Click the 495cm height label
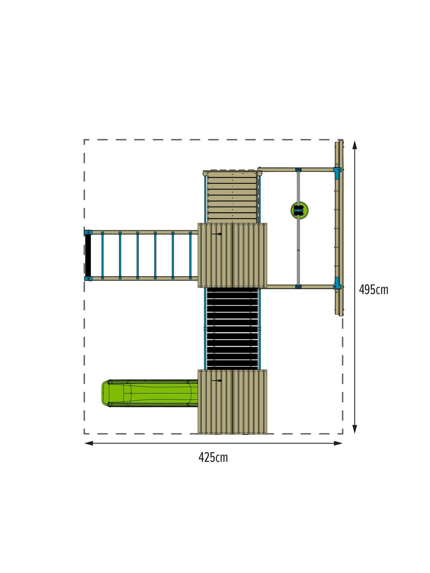click(x=373, y=290)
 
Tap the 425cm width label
click(x=213, y=457)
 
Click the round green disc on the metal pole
click(x=299, y=209)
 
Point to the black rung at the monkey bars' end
click(x=88, y=256)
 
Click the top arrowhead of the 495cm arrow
click(x=355, y=145)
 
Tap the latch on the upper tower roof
click(x=217, y=234)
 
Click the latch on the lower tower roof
click(x=217, y=381)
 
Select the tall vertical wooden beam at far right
click(x=339, y=228)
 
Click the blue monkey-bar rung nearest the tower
click(x=190, y=256)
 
